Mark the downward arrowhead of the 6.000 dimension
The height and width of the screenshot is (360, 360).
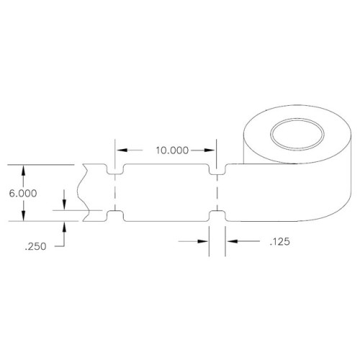pyautogui.click(x=25, y=217)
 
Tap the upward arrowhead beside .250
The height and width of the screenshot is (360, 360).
pyautogui.click(x=66, y=225)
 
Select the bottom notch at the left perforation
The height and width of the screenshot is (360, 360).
pyautogui.click(x=115, y=214)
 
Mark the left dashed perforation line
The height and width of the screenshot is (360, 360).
pyautogui.click(x=115, y=192)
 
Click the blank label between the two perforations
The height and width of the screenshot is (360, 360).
pyautogui.click(x=166, y=192)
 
